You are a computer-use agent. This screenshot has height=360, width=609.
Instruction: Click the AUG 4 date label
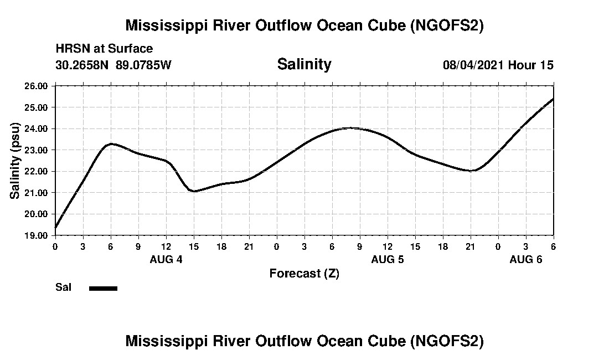pyautogui.click(x=166, y=259)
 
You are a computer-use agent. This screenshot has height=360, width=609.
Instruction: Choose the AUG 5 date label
pyautogui.click(x=388, y=259)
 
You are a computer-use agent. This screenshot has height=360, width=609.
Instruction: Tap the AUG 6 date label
pyautogui.click(x=526, y=259)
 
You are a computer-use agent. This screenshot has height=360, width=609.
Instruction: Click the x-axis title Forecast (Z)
pyautogui.click(x=304, y=274)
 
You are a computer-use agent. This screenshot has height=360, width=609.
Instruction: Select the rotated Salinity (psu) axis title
pyautogui.click(x=15, y=161)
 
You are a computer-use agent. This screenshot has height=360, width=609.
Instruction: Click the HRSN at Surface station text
pyautogui.click(x=104, y=49)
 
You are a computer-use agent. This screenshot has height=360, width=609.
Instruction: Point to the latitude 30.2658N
pyautogui.click(x=83, y=65)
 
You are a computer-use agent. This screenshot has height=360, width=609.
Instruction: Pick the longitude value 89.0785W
pyautogui.click(x=143, y=65)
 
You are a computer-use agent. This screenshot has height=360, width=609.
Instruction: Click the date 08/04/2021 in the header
pyautogui.click(x=473, y=65)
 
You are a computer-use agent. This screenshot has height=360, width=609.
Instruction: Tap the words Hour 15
pyautogui.click(x=530, y=65)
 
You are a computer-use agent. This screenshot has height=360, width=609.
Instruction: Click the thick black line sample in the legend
pyautogui.click(x=103, y=288)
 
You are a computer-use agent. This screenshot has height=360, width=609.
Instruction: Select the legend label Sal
pyautogui.click(x=63, y=287)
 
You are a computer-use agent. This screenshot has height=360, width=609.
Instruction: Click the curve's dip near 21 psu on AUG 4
pyautogui.click(x=194, y=191)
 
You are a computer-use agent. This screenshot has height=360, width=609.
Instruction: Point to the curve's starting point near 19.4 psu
pyautogui.click(x=55, y=227)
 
